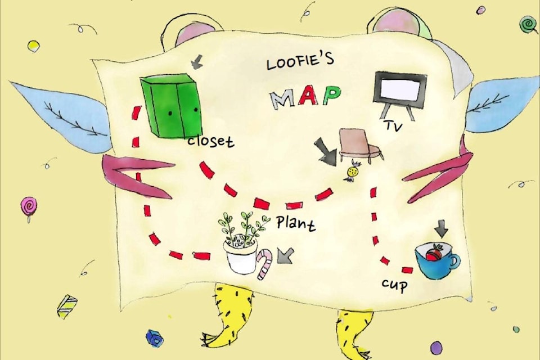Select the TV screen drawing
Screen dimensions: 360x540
tap(400, 89)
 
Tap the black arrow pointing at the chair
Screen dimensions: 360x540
tap(326, 151)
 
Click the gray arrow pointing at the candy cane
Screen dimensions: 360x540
tap(285, 256)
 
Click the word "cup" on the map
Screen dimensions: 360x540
tap(394, 284)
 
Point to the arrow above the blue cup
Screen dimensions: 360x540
tap(442, 228)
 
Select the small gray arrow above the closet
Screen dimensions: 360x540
tap(196, 62)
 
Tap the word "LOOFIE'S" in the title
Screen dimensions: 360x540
tap(300, 61)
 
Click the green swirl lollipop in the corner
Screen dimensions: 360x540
tap(528, 24)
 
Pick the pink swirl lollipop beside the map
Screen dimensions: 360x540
tap(28, 207)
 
